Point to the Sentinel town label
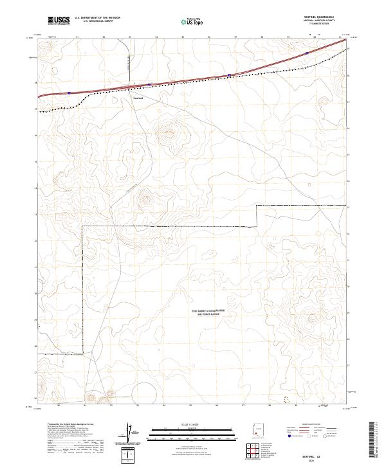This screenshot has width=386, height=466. coord(137,98)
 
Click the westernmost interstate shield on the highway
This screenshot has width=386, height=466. coord(69,93)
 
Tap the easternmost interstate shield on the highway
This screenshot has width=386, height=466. coord(307,53)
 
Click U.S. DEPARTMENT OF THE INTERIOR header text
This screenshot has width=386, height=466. coord(96,17)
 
